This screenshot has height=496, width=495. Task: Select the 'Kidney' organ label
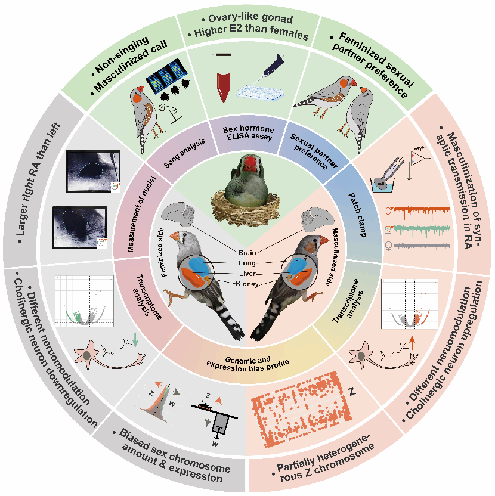click(247, 284)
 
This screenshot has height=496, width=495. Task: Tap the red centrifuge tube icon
click(224, 87)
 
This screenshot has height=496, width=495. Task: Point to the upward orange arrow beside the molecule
click(411, 342)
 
